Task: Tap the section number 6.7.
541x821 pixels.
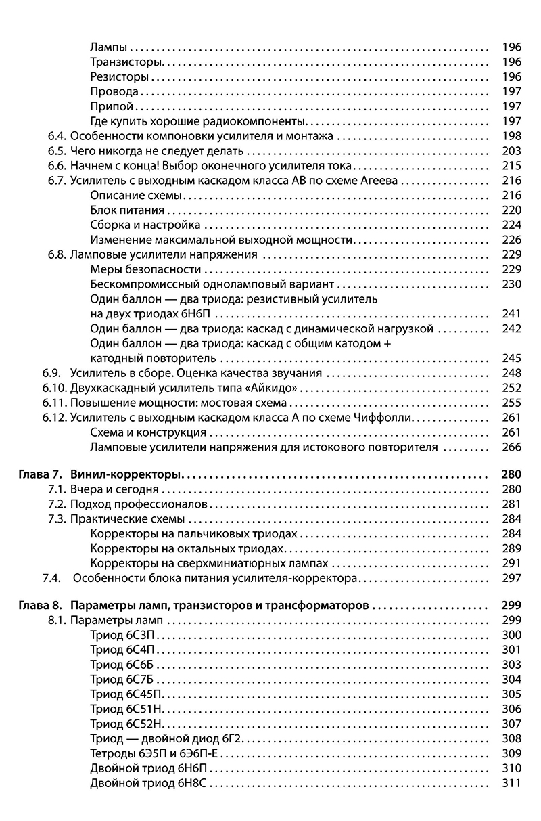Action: click(57, 181)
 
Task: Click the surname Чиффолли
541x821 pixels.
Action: click(385, 418)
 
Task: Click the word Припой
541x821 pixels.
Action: click(111, 106)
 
